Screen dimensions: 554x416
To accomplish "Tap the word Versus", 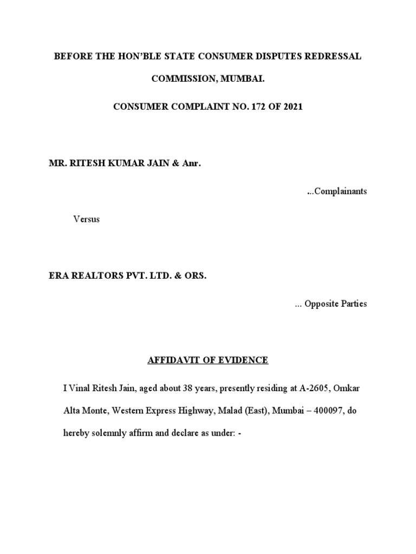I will point(87,220).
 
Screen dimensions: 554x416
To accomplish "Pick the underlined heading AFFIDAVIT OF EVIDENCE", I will point(208,360).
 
